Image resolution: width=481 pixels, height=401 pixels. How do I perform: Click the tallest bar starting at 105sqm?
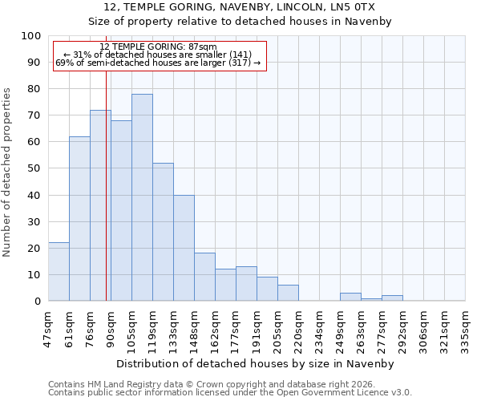pos(142,197)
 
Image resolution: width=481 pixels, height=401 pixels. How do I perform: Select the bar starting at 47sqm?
pos(59,272)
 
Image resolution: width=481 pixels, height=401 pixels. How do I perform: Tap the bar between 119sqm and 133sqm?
pos(163,232)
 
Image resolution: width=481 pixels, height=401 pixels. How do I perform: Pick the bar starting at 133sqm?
pos(184,248)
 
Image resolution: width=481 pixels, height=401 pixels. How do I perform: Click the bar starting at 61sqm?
pos(79,219)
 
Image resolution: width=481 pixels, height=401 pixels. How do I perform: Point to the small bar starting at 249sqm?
pos(350,297)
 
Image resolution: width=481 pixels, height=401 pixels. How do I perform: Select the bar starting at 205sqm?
pos(288,293)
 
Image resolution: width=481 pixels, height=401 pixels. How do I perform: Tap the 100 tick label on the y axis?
pos(30,36)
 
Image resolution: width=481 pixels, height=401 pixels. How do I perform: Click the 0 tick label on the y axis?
pos(37,302)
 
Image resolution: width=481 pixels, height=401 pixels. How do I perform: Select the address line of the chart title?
pos(240,7)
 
